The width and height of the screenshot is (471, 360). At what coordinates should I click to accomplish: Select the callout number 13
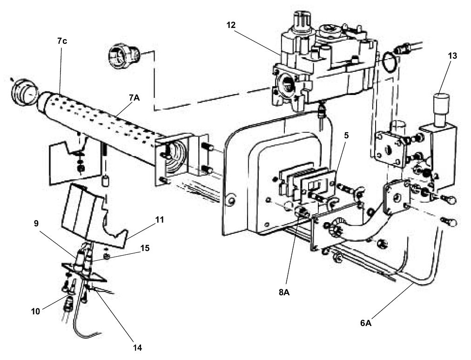click(x=452, y=56)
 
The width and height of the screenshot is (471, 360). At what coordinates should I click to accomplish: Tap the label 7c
click(x=62, y=41)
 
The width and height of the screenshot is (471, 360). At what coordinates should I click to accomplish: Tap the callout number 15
click(x=145, y=248)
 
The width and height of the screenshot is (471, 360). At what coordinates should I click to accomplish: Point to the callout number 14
click(x=137, y=347)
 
